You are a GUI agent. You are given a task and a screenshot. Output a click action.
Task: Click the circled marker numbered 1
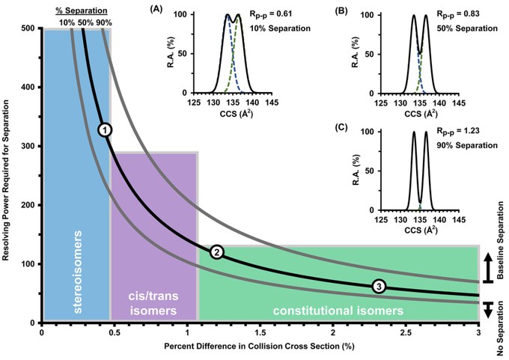click(x=105, y=129)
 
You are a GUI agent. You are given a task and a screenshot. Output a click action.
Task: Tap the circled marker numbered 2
click(x=217, y=252)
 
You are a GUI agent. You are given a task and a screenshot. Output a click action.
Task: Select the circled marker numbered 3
click(x=379, y=287)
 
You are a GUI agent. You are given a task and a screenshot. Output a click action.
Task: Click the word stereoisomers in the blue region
click(x=78, y=272)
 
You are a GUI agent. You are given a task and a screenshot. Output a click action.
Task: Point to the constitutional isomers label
click(x=338, y=311)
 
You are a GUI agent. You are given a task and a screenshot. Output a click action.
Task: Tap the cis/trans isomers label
click(x=153, y=303)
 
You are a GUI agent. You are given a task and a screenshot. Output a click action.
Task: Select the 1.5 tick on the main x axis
click(x=260, y=333)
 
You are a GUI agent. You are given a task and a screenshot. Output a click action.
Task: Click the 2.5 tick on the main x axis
click(x=406, y=333)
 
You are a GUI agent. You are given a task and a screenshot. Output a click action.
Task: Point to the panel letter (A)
click(x=156, y=10)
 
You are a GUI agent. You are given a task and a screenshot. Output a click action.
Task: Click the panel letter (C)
click(x=341, y=127)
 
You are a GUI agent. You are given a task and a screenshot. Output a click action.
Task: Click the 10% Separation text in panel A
click(x=280, y=28)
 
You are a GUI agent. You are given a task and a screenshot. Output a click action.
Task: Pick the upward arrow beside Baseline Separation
click(x=488, y=268)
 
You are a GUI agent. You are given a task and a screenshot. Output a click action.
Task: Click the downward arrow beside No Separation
click(x=488, y=310)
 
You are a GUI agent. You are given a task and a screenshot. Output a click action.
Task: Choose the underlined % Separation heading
click(x=81, y=10)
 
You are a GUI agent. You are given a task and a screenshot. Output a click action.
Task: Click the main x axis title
click(x=259, y=347)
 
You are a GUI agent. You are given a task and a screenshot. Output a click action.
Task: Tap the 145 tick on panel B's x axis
click(x=459, y=103)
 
